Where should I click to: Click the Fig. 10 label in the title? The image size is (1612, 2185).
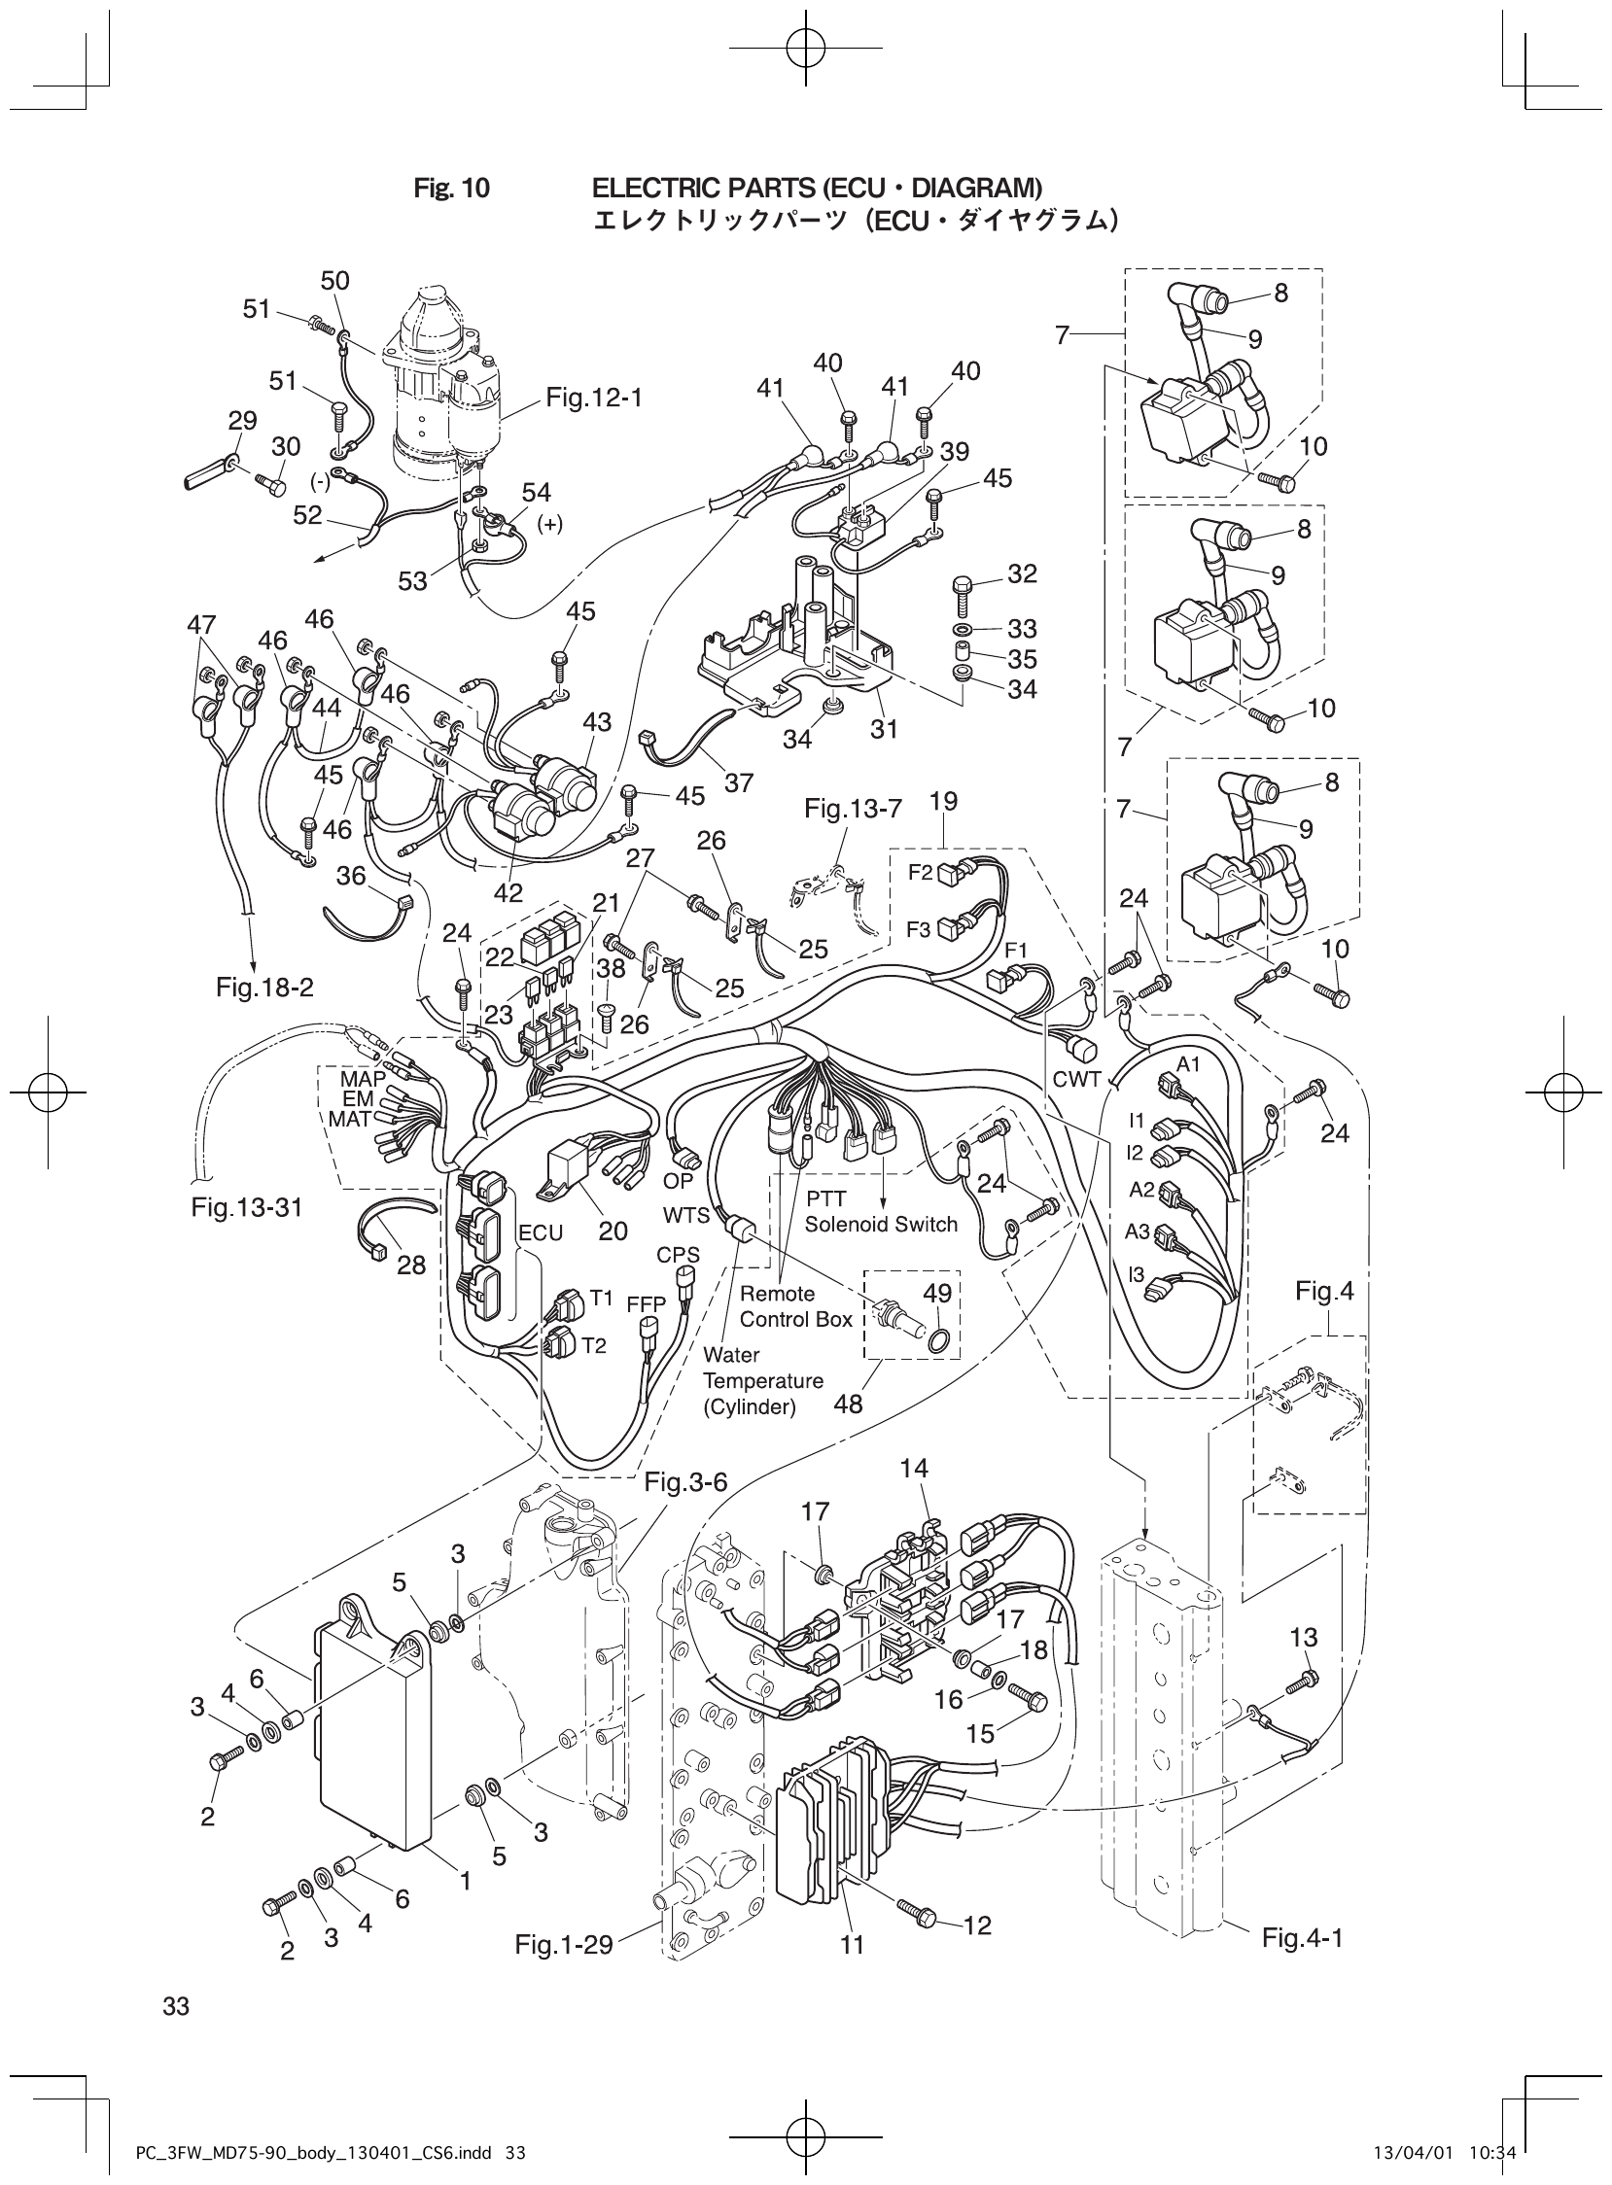451,189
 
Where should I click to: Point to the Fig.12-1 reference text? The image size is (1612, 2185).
594,398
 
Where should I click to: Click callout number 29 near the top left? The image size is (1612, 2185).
242,421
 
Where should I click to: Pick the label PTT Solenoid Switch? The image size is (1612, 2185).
880,1211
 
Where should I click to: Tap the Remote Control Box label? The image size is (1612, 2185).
795,1306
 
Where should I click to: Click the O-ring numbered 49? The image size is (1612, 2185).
937,1344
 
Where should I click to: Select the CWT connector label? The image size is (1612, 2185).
1076,1080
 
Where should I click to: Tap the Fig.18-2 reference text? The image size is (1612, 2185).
264,988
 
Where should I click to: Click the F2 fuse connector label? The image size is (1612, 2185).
920,873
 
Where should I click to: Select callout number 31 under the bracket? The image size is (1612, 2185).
883,729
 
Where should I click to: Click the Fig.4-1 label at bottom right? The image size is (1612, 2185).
1302,1937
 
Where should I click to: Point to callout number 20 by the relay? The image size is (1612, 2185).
613,1231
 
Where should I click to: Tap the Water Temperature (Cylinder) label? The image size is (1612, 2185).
763,1380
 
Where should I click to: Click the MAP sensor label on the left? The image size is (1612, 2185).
362,1080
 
